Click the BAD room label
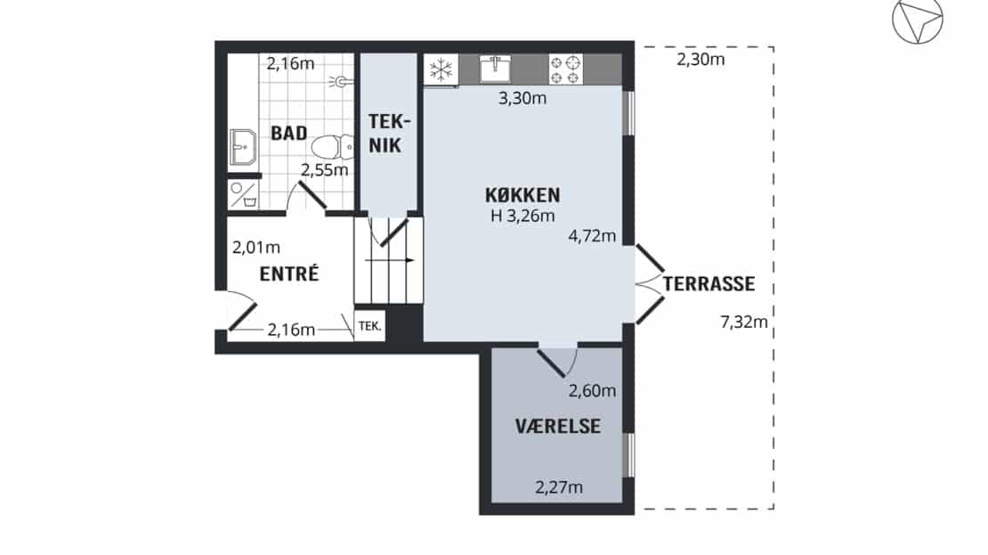click(x=289, y=133)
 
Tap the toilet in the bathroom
click(x=333, y=147)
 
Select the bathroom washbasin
click(x=243, y=147)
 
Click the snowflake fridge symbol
click(x=441, y=69)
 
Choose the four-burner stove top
click(x=565, y=69)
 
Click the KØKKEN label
click(x=522, y=195)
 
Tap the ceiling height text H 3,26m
click(x=523, y=216)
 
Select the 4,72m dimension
click(x=592, y=236)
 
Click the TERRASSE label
click(x=709, y=284)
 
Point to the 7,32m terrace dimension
click(x=744, y=322)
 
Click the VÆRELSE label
click(x=557, y=427)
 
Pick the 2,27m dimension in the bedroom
click(x=559, y=487)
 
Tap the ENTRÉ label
click(x=289, y=273)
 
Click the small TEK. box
click(x=370, y=326)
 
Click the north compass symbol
click(x=918, y=19)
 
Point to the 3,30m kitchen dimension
click(x=522, y=98)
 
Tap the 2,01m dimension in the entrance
click(x=255, y=248)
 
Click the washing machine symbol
click(x=243, y=195)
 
